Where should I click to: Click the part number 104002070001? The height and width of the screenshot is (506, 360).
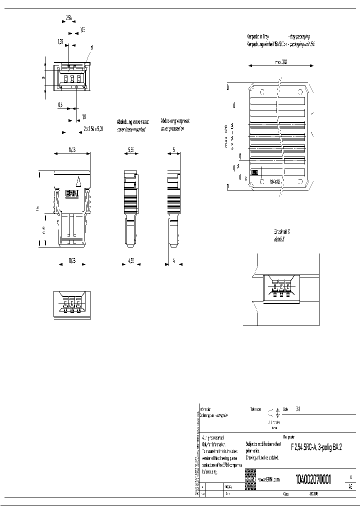[313, 478]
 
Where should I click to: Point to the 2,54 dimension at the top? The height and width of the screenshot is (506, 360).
[69, 17]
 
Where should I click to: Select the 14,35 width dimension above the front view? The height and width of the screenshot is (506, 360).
[71, 149]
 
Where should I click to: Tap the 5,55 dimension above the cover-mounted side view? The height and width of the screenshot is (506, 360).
[130, 149]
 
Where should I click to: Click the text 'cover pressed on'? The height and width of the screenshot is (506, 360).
[172, 128]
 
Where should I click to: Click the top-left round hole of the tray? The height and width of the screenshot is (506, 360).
[261, 92]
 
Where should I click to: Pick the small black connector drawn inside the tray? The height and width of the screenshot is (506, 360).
[254, 172]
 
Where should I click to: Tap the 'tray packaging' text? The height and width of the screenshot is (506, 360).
[299, 37]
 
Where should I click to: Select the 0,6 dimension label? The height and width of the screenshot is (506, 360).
[60, 105]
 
